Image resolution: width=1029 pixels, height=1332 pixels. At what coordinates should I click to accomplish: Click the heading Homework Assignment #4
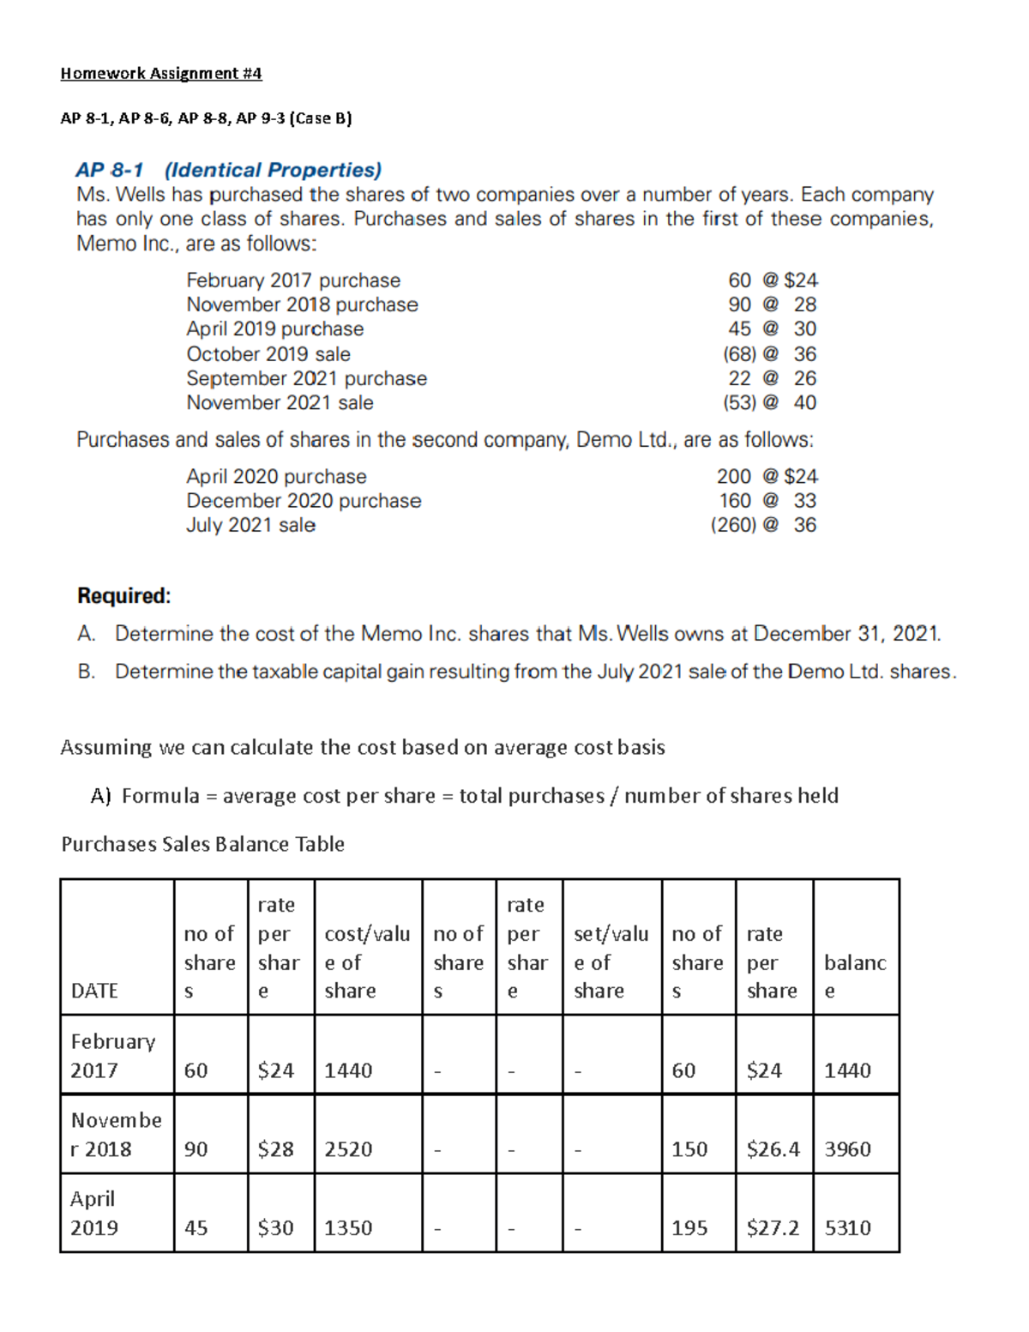coord(160,73)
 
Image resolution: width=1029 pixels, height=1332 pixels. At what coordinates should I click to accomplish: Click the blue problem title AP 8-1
coord(110,170)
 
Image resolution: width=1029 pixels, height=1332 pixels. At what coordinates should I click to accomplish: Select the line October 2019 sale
coord(268,353)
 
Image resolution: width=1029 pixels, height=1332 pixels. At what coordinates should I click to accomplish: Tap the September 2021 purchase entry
coord(306,378)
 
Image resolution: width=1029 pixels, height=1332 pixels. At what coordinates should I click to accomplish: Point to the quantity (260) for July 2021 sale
coord(733,525)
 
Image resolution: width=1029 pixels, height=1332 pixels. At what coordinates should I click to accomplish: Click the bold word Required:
coord(123,595)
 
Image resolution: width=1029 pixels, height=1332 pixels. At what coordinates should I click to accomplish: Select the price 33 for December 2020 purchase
coord(804,500)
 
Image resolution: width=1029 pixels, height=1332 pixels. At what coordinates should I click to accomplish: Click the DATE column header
coord(94,991)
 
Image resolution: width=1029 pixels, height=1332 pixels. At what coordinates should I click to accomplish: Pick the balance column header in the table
coord(854,976)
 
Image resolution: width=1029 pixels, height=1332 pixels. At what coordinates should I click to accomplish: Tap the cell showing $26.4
coord(773,1149)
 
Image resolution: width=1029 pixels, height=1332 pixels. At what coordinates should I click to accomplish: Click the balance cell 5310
coord(847,1228)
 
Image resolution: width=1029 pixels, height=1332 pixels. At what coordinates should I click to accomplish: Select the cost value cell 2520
coord(348,1149)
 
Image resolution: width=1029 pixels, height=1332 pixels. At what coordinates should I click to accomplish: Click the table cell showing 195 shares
coord(689,1228)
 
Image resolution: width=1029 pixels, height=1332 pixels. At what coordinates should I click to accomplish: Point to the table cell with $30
coord(275,1228)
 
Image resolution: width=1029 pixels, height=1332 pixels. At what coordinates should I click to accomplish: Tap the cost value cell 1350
coord(348,1228)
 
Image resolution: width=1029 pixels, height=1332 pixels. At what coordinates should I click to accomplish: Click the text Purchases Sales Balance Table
coord(202,844)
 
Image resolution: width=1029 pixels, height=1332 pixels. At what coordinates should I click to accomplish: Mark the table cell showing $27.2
coord(773,1228)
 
